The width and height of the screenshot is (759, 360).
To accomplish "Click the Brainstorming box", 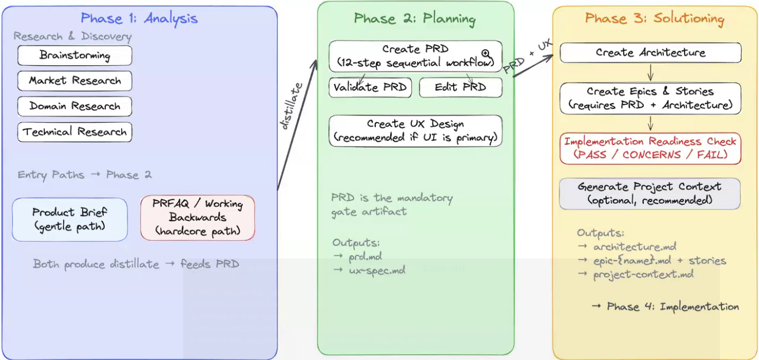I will [x=75, y=55].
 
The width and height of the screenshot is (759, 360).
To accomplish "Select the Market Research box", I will [x=75, y=81].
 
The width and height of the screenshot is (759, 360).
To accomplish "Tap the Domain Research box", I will [x=75, y=106].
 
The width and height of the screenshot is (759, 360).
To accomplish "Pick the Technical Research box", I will [x=75, y=132].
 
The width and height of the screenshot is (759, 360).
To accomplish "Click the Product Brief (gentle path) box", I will [x=70, y=219].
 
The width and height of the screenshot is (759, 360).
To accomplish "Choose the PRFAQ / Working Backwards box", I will [x=198, y=218].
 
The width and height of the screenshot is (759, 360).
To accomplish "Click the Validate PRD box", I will [x=370, y=87].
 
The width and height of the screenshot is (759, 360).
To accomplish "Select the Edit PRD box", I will [x=460, y=87].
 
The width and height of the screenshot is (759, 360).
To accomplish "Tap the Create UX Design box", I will [x=416, y=131].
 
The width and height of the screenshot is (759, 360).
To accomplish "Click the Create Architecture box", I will [x=650, y=53].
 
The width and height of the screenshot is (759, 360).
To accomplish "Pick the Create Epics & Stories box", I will [x=650, y=98].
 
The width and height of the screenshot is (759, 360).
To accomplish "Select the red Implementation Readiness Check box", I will [x=650, y=148].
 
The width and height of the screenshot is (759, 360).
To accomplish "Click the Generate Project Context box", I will [x=650, y=193].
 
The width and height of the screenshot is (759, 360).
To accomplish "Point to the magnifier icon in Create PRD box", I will [x=486, y=53].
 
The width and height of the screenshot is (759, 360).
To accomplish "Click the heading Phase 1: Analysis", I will [x=139, y=18].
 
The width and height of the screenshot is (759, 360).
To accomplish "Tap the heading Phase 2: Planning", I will [x=415, y=19].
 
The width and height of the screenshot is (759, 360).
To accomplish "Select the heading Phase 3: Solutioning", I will [x=655, y=18].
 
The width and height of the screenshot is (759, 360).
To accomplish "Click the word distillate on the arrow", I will [x=291, y=106].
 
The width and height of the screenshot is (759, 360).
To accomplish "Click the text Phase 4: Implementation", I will [x=666, y=307].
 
